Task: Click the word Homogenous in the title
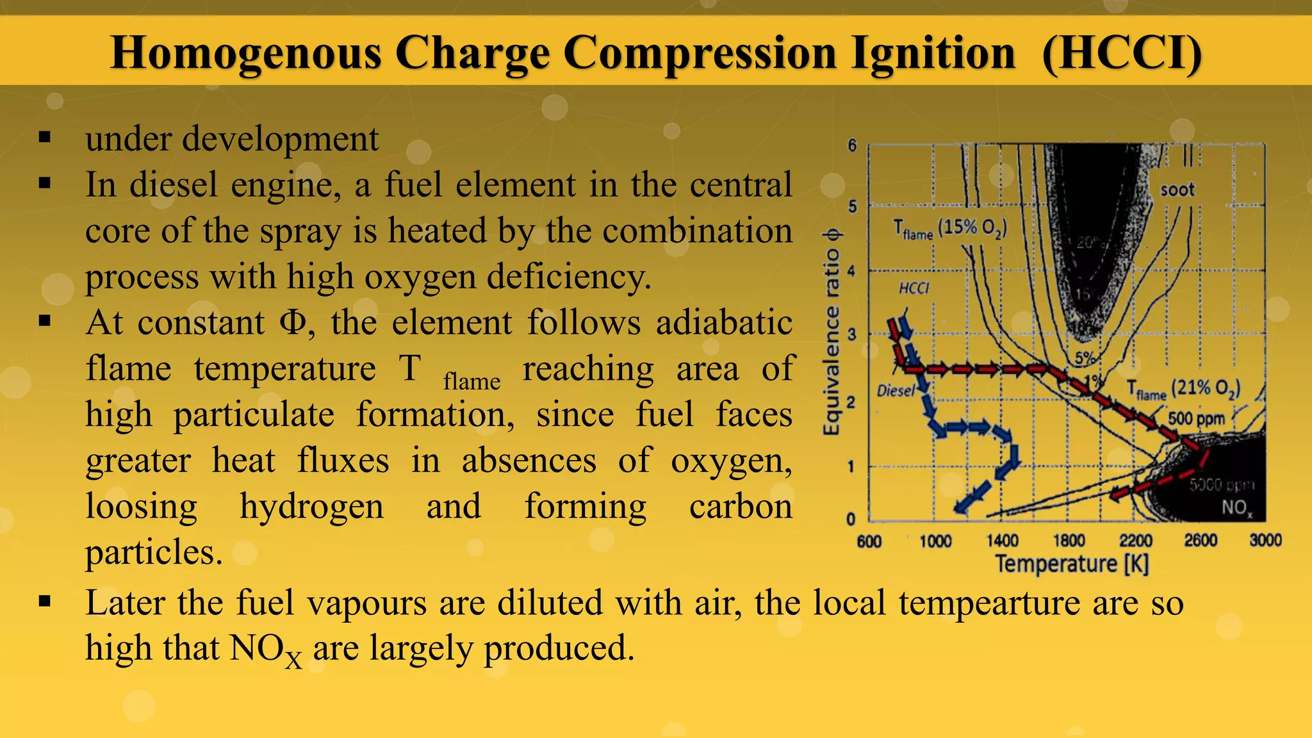point(247,53)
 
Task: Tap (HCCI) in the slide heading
point(1122,53)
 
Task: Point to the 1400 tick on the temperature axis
point(1003,541)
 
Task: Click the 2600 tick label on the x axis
point(1200,541)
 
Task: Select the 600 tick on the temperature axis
point(869,542)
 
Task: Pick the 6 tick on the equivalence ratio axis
point(852,145)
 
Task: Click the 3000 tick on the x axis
point(1265,541)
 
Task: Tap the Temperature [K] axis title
point(1072,564)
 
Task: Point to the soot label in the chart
point(1177,190)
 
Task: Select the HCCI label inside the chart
point(914,288)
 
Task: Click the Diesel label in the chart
point(896,390)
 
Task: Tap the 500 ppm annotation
point(1196,419)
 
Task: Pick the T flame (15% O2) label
point(950,229)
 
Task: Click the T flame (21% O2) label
point(1183,389)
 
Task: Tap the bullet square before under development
point(44,138)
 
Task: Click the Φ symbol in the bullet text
point(293,322)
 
